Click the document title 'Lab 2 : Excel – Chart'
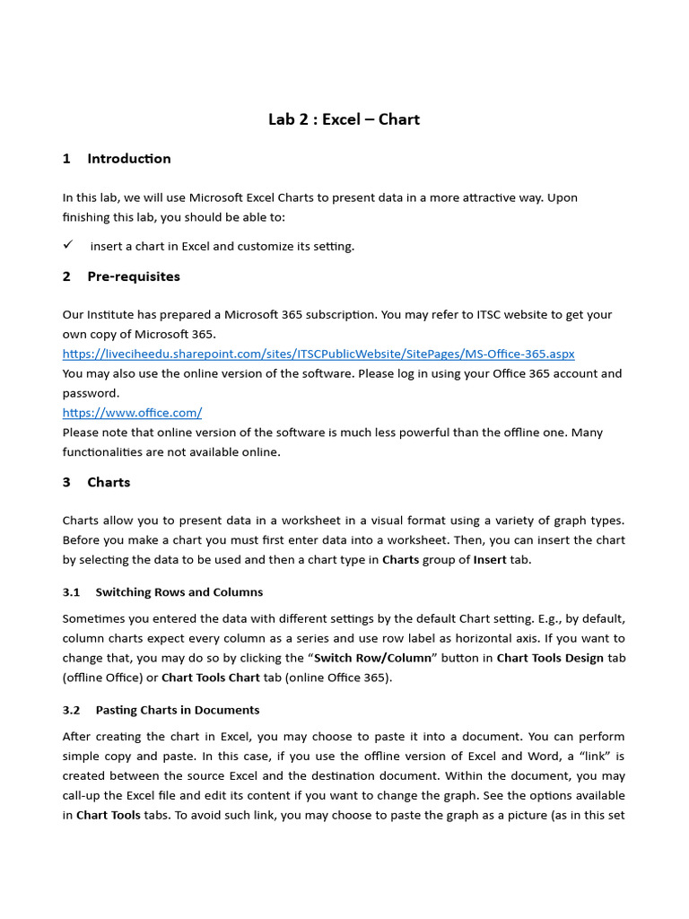point(344,119)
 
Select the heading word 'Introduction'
point(128,159)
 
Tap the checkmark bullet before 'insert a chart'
point(68,245)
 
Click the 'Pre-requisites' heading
point(133,276)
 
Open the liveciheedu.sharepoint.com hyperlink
point(318,354)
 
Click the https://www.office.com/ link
point(132,413)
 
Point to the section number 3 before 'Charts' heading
point(66,482)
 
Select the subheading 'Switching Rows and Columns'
point(179,592)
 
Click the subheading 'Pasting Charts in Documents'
point(177,710)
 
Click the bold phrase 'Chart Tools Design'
point(550,658)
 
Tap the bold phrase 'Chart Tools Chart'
point(210,678)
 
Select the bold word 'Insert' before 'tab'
point(490,560)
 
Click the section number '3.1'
point(72,592)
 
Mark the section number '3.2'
point(72,710)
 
